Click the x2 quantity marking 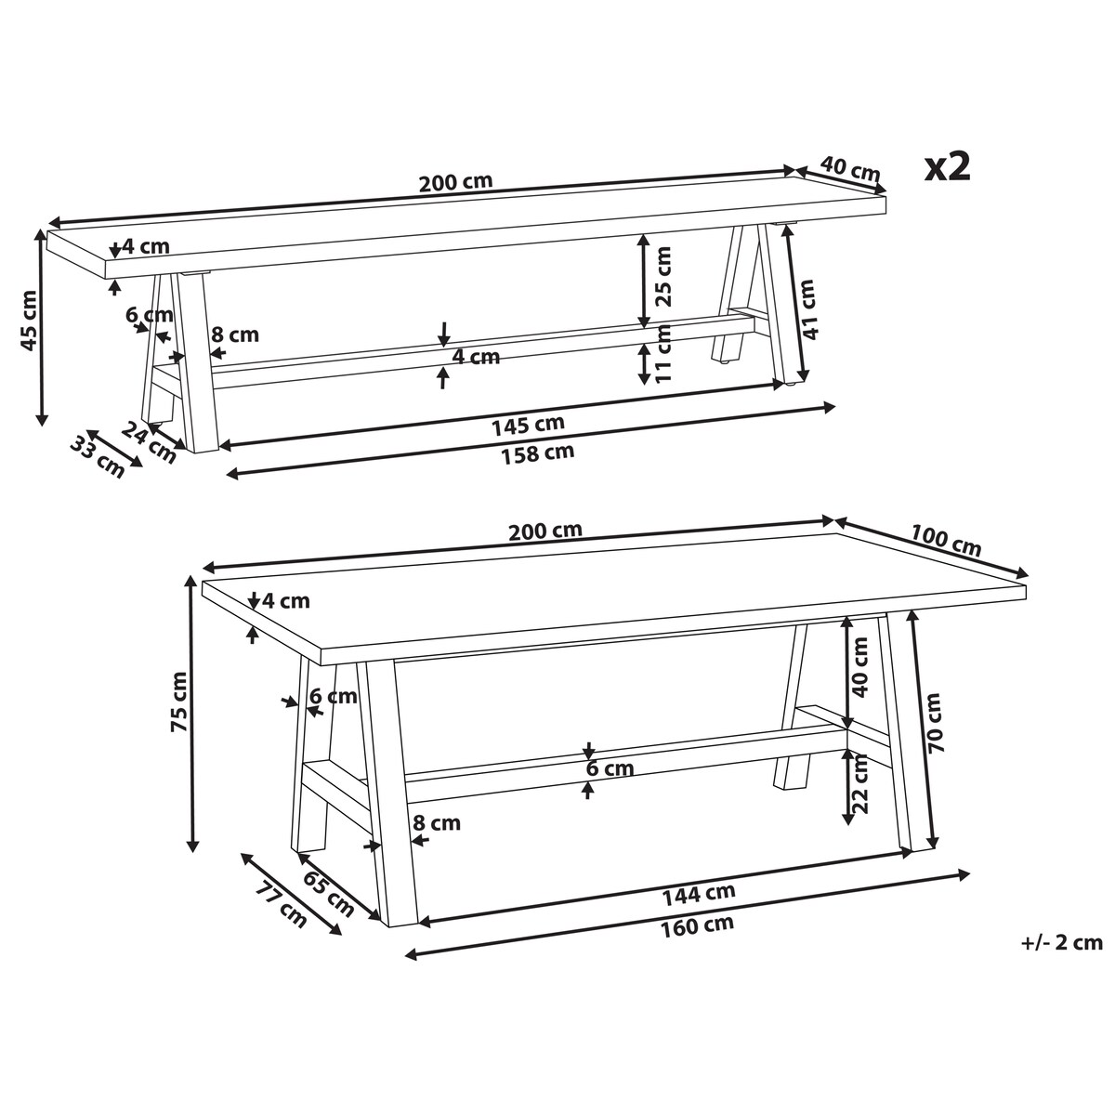click(x=947, y=168)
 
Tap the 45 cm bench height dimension click(x=29, y=328)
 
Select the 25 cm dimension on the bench click(x=663, y=276)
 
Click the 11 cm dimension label click(x=663, y=352)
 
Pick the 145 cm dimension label click(x=528, y=426)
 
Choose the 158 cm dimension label click(x=538, y=453)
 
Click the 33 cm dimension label click(x=98, y=458)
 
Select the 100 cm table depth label click(x=946, y=540)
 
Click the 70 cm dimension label click(x=935, y=723)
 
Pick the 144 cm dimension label click(x=699, y=894)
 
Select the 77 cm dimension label click(x=282, y=905)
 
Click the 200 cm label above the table click(x=545, y=531)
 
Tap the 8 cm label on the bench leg click(x=235, y=334)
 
